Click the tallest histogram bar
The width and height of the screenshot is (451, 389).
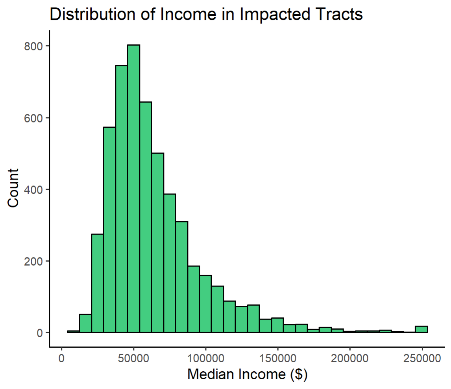pyautogui.click(x=133, y=189)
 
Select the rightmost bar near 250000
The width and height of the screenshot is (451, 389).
pyautogui.click(x=421, y=329)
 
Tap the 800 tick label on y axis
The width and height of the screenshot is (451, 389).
pyautogui.click(x=33, y=46)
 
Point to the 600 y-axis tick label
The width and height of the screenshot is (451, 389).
pyautogui.click(x=33, y=118)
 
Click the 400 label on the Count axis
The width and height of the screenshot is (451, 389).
pyautogui.click(x=33, y=189)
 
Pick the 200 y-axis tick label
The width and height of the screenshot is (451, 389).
pyautogui.click(x=33, y=261)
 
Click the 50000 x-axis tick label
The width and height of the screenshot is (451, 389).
pyautogui.click(x=133, y=358)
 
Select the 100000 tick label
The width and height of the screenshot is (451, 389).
pyautogui.click(x=205, y=358)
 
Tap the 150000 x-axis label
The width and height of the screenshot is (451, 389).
pyautogui.click(x=277, y=358)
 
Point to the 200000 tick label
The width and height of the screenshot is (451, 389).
pyautogui.click(x=350, y=358)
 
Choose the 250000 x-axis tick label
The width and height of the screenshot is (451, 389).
pyautogui.click(x=422, y=358)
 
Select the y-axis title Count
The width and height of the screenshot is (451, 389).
pyautogui.click(x=13, y=188)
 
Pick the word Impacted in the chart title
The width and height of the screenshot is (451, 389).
pyautogui.click(x=274, y=15)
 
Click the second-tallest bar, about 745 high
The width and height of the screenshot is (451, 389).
pyautogui.click(x=121, y=199)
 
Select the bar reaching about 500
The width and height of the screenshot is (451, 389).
pyautogui.click(x=158, y=243)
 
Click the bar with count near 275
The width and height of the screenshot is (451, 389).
pyautogui.click(x=97, y=283)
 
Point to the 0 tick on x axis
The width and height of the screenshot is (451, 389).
pyautogui.click(x=61, y=358)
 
